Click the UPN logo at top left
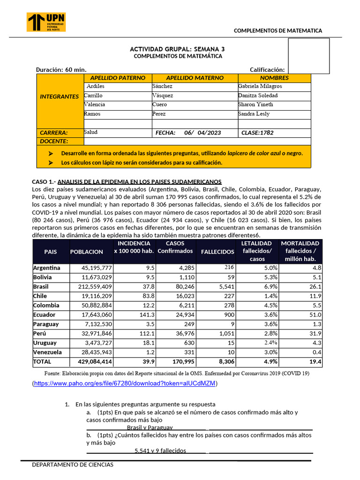click(x=46, y=22)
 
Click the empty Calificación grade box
click(x=308, y=56)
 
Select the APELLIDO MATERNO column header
click(x=195, y=78)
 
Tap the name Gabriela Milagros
click(x=260, y=87)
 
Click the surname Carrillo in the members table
click(x=93, y=96)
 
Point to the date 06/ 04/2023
click(x=202, y=133)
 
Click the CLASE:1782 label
click(x=257, y=133)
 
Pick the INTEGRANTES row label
click(x=59, y=97)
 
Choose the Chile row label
click(x=40, y=296)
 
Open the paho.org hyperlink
click(x=125, y=383)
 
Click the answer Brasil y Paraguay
click(x=150, y=427)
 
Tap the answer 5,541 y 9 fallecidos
click(x=160, y=450)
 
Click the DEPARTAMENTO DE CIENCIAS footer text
click(x=73, y=465)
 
